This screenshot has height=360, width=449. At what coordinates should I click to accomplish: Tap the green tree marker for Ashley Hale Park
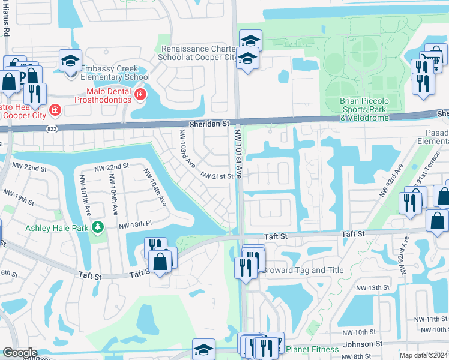tap(97, 227)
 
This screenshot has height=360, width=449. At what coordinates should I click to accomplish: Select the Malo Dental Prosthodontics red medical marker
tap(140, 94)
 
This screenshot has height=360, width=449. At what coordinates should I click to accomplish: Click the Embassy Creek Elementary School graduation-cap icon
tap(71, 60)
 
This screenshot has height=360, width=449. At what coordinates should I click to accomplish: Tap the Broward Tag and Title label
tap(303, 270)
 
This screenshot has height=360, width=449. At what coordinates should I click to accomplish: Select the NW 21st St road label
tap(216, 176)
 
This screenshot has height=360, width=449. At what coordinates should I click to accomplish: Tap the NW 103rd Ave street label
tap(187, 149)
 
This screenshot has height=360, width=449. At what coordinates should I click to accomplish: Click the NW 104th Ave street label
tap(155, 188)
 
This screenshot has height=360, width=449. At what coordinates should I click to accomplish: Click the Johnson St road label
tap(363, 344)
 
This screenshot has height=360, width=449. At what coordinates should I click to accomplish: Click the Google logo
tap(20, 353)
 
